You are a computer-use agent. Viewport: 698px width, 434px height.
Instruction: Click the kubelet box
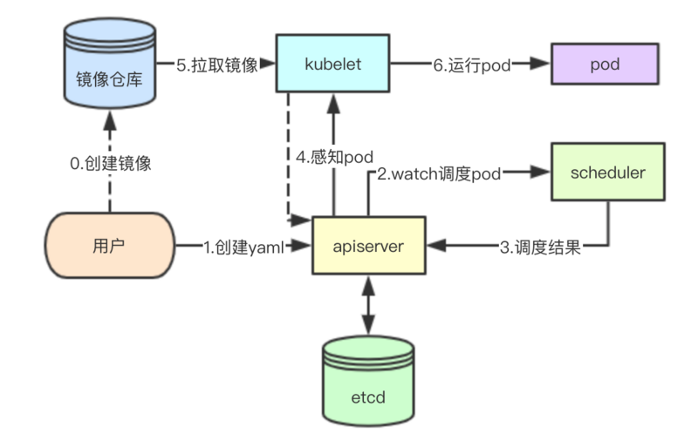[x=332, y=64]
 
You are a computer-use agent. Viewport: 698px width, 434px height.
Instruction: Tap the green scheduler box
[x=606, y=172]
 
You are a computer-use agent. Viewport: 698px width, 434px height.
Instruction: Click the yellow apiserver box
[x=368, y=246]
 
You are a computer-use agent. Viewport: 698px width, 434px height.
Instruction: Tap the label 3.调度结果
[x=539, y=247]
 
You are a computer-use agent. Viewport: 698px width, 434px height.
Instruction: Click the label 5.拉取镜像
[x=218, y=64]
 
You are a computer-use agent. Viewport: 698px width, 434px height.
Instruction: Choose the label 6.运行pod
[x=471, y=64]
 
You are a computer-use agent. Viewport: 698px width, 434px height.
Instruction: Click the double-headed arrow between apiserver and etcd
[x=367, y=304]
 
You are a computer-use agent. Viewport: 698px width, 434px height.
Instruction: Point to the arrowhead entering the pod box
[x=541, y=64]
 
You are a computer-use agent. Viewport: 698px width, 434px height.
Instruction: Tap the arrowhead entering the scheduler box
[x=541, y=173]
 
